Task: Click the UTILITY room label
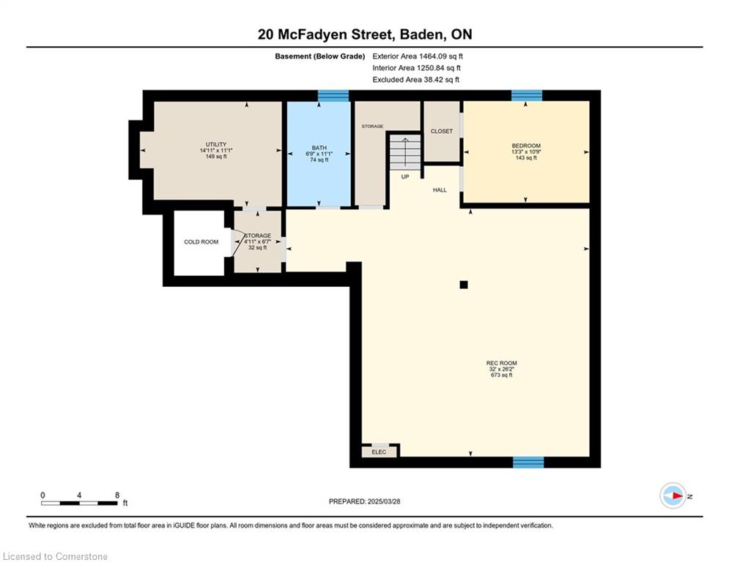point(216,144)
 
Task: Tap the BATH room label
point(319,148)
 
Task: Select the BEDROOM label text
point(526,146)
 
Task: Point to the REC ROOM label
point(502,363)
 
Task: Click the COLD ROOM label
point(201,242)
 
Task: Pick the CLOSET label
point(442,132)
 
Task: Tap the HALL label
point(440,190)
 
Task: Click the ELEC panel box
point(380,452)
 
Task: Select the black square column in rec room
point(464,285)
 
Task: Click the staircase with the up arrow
point(405,153)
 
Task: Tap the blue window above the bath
point(333,96)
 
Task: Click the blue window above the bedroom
point(527,96)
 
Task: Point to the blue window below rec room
point(528,462)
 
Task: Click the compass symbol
point(673,495)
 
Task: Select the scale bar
point(79,503)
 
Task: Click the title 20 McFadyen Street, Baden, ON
point(365,34)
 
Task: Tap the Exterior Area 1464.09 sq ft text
point(418,56)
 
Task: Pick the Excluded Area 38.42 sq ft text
point(415,80)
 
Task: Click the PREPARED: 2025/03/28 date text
point(365,501)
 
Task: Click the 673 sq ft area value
point(502,375)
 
